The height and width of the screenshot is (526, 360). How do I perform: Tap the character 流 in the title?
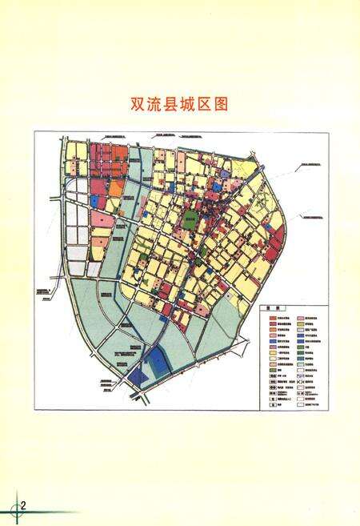pyautogui.click(x=158, y=105)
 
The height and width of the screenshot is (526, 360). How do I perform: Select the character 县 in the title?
pyautogui.click(x=178, y=105)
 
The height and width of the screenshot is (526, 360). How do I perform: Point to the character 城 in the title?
pyautogui.click(x=199, y=105)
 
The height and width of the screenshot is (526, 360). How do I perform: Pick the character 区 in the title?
pyautogui.click(x=219, y=105)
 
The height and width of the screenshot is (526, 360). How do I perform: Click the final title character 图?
pyautogui.click(x=239, y=105)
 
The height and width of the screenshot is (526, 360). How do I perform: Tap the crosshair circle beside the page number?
pyautogui.click(x=14, y=508)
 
